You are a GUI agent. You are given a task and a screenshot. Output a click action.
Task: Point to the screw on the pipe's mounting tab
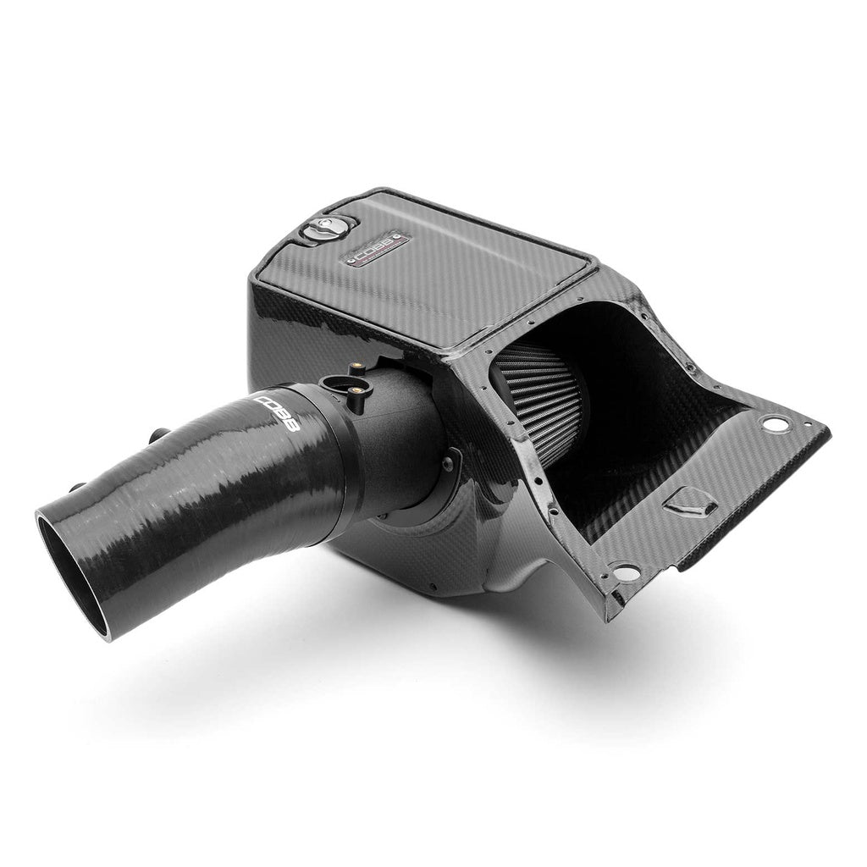(x=447, y=461)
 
